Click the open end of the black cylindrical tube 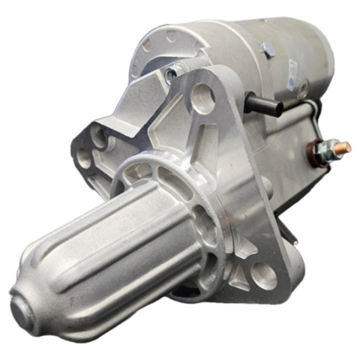click(278, 109)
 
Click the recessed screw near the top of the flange click(171, 73)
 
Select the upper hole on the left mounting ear click(96, 138)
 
